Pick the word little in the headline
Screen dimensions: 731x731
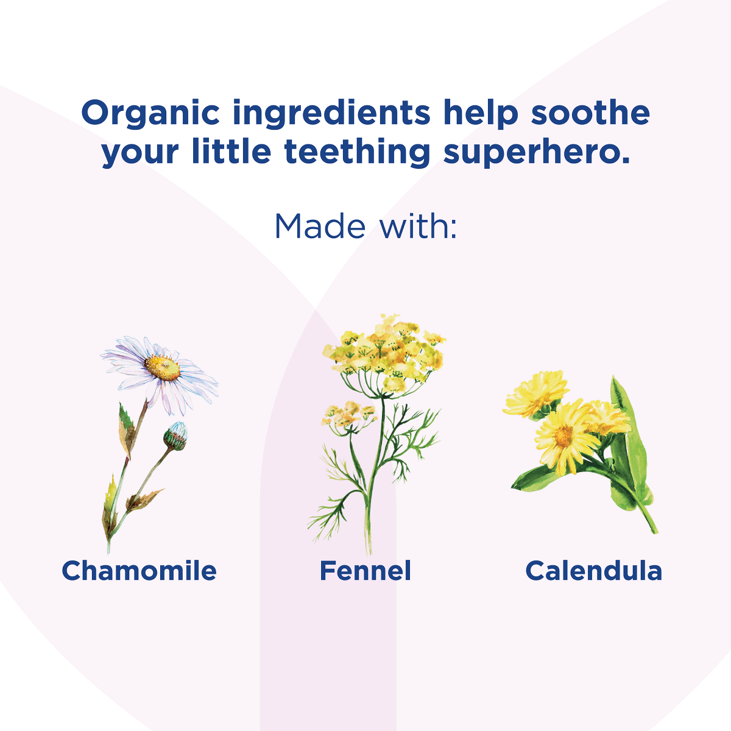tap(231, 152)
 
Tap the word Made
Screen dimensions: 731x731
tap(320, 226)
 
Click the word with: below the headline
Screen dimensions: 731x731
tap(418, 226)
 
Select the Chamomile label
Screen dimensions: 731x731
tap(139, 571)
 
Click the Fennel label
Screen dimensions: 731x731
tap(365, 571)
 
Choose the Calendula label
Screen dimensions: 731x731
tap(593, 571)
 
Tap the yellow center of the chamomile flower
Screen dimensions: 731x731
tap(163, 367)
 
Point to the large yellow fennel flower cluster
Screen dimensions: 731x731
tap(384, 353)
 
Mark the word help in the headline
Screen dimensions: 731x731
tap(480, 113)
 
